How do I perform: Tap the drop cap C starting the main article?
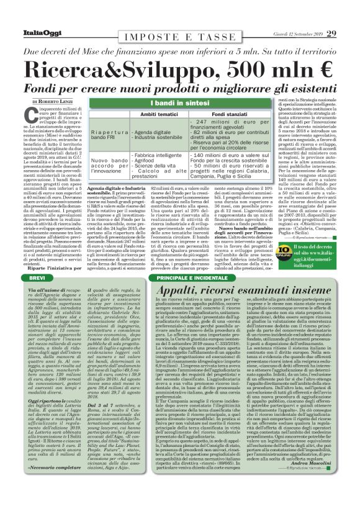pos(33,114)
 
